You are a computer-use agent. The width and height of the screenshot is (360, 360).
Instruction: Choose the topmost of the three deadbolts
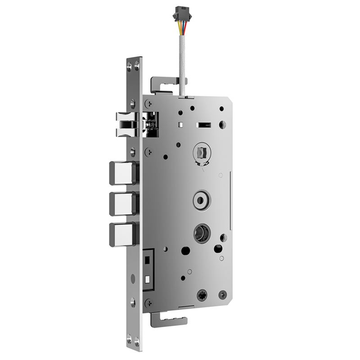[122, 173]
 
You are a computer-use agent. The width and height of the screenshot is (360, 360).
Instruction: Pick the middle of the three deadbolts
[122, 204]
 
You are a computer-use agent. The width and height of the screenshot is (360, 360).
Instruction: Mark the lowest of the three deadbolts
[122, 234]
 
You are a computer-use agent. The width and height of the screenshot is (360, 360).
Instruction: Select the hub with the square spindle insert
[202, 153]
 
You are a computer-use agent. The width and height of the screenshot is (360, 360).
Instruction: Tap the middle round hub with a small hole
[201, 199]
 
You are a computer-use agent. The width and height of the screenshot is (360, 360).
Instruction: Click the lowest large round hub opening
[201, 233]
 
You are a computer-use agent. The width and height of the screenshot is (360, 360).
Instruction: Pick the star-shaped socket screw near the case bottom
[202, 295]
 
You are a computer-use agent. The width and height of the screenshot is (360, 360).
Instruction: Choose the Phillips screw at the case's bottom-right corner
[223, 295]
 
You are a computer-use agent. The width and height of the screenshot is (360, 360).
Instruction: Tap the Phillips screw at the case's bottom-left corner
[148, 304]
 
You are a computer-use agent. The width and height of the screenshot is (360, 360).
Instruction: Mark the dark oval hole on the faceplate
[133, 279]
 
